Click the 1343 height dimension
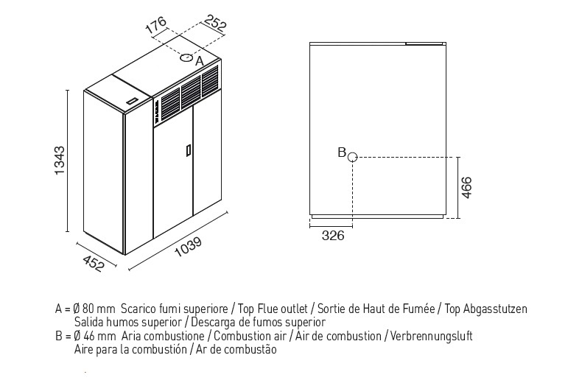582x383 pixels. click(x=60, y=161)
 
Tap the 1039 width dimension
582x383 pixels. click(x=188, y=247)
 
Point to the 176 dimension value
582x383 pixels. click(x=155, y=25)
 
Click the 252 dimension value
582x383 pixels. click(x=215, y=23)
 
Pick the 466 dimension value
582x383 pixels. click(x=466, y=187)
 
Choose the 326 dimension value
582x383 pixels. click(x=333, y=235)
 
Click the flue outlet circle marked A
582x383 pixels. click(x=186, y=57)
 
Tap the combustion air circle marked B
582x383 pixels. click(x=352, y=158)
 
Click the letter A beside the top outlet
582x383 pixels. click(x=200, y=61)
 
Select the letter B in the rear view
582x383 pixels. click(x=342, y=152)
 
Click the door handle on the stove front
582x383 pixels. click(x=189, y=151)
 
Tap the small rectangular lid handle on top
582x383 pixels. click(x=131, y=101)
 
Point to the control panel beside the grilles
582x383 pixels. click(x=157, y=110)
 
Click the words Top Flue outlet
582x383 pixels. click(x=273, y=309)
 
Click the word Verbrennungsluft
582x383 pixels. click(x=431, y=337)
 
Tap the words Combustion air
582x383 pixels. click(x=250, y=337)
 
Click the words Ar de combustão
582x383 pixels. click(x=236, y=350)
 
